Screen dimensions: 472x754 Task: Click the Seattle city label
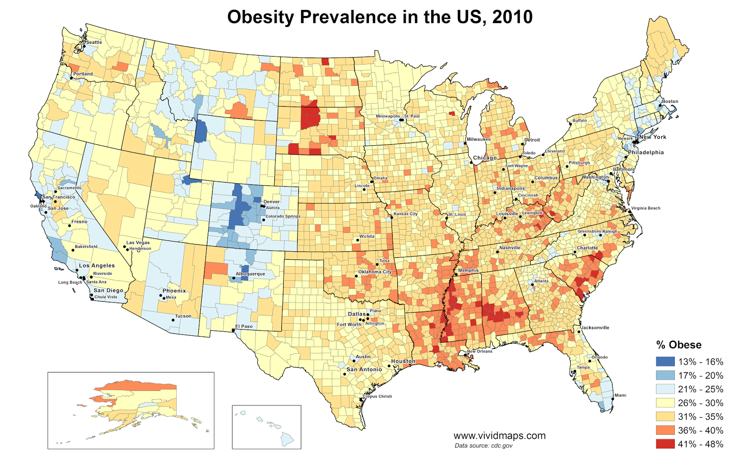click(94, 42)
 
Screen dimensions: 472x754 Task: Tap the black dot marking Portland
click(71, 78)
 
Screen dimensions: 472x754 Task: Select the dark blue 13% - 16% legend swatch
click(665, 362)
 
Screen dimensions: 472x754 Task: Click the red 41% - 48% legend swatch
click(665, 444)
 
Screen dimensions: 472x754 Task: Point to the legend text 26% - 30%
click(700, 403)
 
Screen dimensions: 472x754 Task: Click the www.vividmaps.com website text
click(500, 436)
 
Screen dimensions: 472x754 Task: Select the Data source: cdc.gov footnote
click(484, 446)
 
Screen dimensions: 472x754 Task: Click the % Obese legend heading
click(679, 345)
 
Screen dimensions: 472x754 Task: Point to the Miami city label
click(620, 395)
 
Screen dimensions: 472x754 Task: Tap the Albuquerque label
click(250, 274)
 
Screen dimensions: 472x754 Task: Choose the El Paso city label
click(244, 326)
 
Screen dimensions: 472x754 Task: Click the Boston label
click(670, 101)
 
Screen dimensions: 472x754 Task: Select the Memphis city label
click(468, 271)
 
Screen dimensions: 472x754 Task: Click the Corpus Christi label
click(377, 396)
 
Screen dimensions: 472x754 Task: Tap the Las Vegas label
click(138, 243)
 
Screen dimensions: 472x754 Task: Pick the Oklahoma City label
click(375, 272)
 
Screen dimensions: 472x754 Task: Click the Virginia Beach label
click(646, 208)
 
